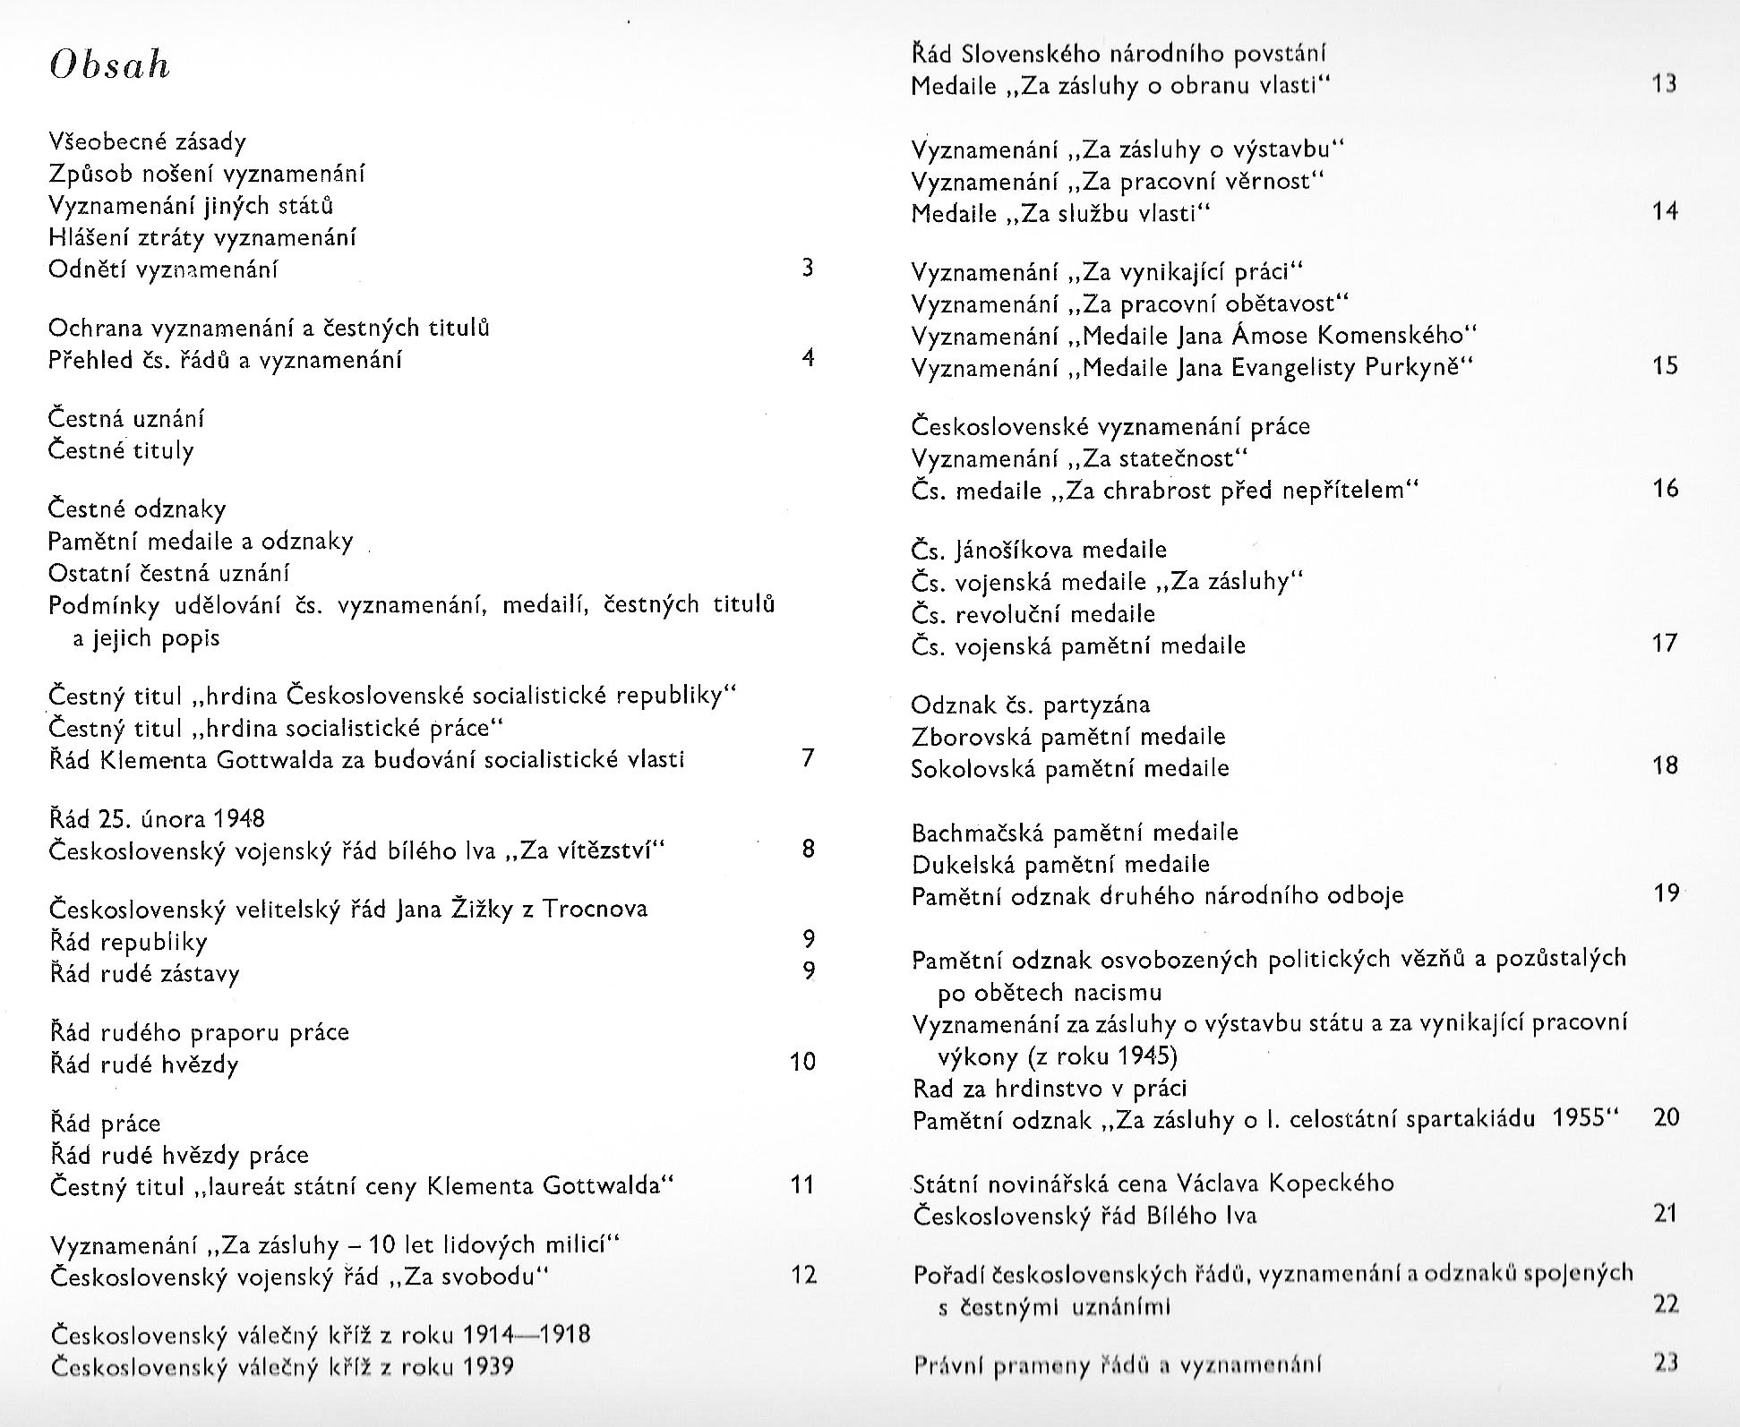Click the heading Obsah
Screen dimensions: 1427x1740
pos(110,65)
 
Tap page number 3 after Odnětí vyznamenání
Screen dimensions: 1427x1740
pos(808,268)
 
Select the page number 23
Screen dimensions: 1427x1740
pos(1666,1363)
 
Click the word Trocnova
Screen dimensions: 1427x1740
pos(595,910)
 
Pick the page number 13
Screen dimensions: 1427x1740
pos(1665,84)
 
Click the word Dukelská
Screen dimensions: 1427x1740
pos(963,865)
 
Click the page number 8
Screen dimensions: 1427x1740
pos(809,849)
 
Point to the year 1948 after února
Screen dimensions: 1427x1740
pos(239,818)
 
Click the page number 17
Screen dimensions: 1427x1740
pos(1665,644)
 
